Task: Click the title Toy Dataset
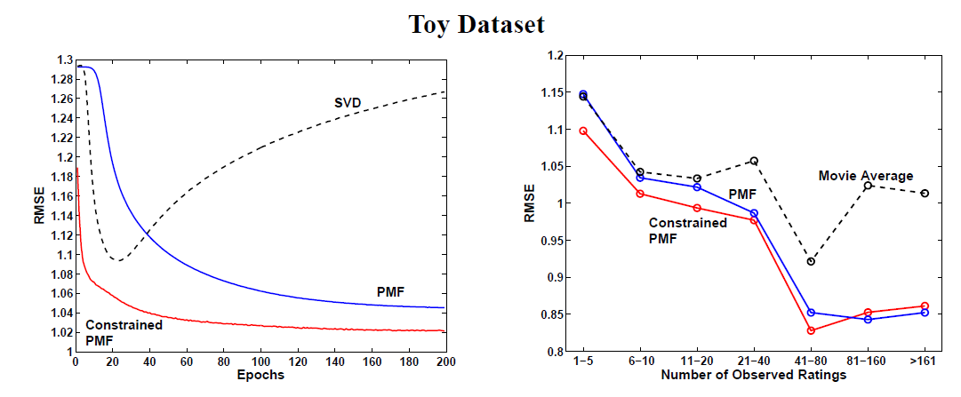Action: click(x=476, y=24)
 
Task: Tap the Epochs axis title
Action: click(x=260, y=376)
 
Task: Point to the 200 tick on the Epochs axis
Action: click(x=445, y=362)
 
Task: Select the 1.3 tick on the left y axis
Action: click(x=63, y=60)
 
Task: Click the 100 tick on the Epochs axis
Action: click(x=260, y=362)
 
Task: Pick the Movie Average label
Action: click(x=865, y=176)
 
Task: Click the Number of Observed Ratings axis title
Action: click(x=754, y=376)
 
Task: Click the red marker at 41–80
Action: click(x=811, y=330)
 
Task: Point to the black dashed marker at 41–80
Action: click(x=811, y=261)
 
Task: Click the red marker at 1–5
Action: click(x=583, y=131)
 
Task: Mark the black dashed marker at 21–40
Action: click(x=754, y=161)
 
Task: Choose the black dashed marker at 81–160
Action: click(x=868, y=186)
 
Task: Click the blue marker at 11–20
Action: click(x=697, y=187)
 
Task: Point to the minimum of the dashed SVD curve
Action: click(x=116, y=260)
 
